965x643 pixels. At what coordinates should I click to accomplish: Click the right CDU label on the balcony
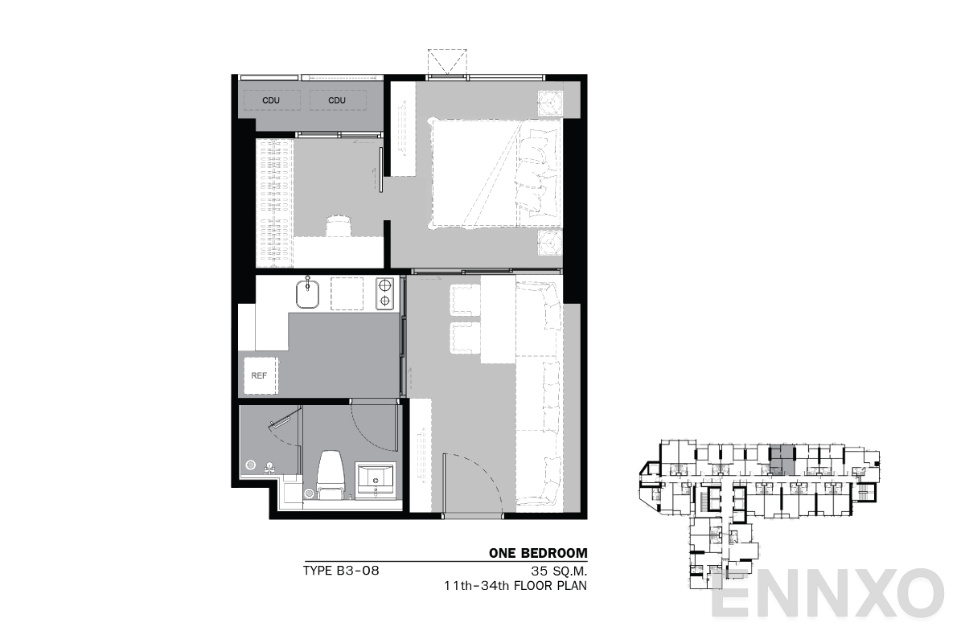tap(337, 100)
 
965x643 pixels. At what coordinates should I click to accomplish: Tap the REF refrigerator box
tap(259, 375)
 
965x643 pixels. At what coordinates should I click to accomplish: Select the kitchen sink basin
tap(307, 295)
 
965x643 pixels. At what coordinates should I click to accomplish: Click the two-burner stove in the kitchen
tap(385, 293)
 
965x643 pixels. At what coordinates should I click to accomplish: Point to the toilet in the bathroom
tap(330, 474)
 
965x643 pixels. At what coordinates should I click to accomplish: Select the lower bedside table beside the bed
tap(549, 242)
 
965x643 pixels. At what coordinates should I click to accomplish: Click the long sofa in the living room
tap(539, 394)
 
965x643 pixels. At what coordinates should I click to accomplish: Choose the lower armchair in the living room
tap(464, 338)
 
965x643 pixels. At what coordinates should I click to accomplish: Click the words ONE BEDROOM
tap(538, 553)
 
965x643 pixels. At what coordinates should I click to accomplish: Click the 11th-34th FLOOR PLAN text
tap(515, 586)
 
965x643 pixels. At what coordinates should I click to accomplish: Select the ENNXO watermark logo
tap(828, 595)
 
